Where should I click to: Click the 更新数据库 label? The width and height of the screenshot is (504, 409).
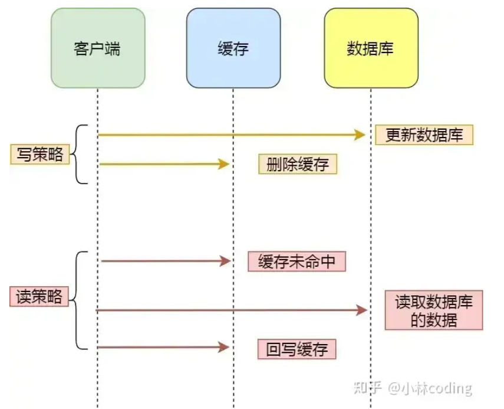pyautogui.click(x=424, y=135)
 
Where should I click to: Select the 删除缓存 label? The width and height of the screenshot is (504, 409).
pyautogui.click(x=298, y=165)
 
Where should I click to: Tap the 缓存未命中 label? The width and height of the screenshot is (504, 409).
pyautogui.click(x=297, y=261)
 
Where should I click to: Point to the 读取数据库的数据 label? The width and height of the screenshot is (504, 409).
pyautogui.click(x=433, y=310)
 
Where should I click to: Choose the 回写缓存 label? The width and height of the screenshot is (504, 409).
pyautogui.click(x=297, y=349)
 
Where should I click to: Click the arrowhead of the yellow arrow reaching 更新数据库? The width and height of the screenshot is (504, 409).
pyautogui.click(x=360, y=135)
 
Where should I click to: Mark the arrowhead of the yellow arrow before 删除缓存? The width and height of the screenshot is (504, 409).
pyautogui.click(x=223, y=164)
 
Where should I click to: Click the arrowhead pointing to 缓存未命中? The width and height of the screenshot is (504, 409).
pyautogui.click(x=224, y=261)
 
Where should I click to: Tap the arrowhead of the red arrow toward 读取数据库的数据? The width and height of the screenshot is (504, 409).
pyautogui.click(x=361, y=310)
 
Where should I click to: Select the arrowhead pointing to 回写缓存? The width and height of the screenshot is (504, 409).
pyautogui.click(x=224, y=348)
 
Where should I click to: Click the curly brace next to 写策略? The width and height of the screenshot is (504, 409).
pyautogui.click(x=80, y=155)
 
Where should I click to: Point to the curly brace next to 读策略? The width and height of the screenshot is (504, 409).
pyautogui.click(x=80, y=300)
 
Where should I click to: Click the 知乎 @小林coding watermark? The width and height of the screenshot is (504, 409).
pyautogui.click(x=413, y=388)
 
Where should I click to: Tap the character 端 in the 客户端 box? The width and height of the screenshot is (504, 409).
pyautogui.click(x=113, y=48)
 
